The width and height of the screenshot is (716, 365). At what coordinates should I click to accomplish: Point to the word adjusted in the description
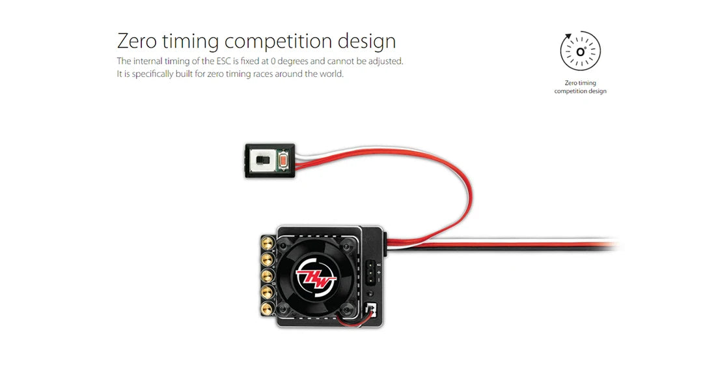pos(385,61)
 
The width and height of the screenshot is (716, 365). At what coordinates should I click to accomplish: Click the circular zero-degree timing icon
pos(580,51)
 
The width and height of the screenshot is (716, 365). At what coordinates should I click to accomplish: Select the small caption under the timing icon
pos(580,87)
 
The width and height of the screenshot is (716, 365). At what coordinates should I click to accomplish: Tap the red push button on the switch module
pos(283,160)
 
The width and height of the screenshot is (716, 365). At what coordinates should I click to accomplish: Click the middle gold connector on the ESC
pos(266,274)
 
